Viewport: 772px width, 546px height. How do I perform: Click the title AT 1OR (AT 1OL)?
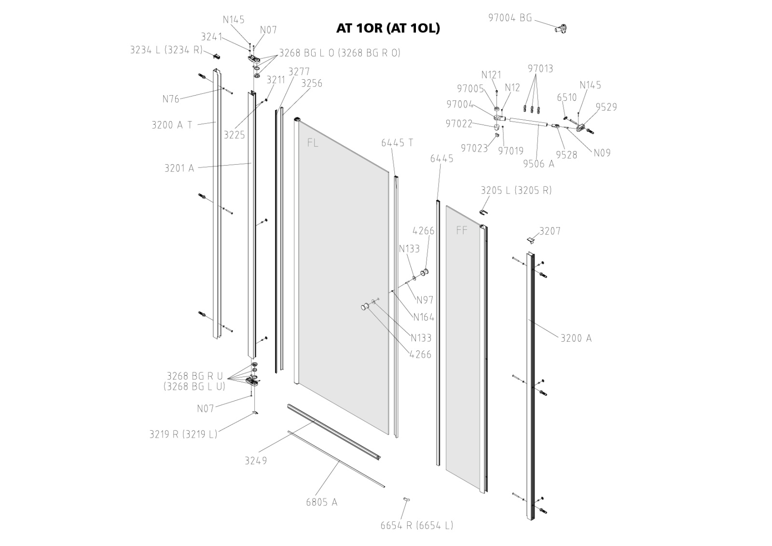pos(388,28)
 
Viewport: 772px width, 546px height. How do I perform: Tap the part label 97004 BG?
pos(510,18)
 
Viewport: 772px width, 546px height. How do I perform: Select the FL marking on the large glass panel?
pos(313,143)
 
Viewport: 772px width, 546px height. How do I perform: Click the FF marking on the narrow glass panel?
pos(462,231)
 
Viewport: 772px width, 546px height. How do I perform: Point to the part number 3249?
pos(256,461)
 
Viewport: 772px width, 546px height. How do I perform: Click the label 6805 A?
pos(322,503)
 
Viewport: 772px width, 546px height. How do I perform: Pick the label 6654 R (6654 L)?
pos(417,526)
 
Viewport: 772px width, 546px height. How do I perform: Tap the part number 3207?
pos(550,231)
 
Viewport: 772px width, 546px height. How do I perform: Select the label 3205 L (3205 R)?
pos(516,190)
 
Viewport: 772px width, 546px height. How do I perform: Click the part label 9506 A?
pos(539,164)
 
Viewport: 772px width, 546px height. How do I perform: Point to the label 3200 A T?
pos(172,125)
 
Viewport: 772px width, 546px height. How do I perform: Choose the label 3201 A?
pos(179,168)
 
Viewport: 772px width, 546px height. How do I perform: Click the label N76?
pos(171,99)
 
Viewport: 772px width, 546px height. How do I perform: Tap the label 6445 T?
pos(397,143)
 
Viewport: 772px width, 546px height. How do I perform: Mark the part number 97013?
pos(540,69)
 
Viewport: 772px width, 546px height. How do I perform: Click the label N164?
pos(424,317)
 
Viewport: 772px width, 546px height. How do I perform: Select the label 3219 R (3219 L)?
pos(183,434)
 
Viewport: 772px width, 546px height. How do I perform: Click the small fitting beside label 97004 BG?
pos(561,28)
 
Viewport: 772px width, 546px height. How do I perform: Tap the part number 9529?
pos(606,107)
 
